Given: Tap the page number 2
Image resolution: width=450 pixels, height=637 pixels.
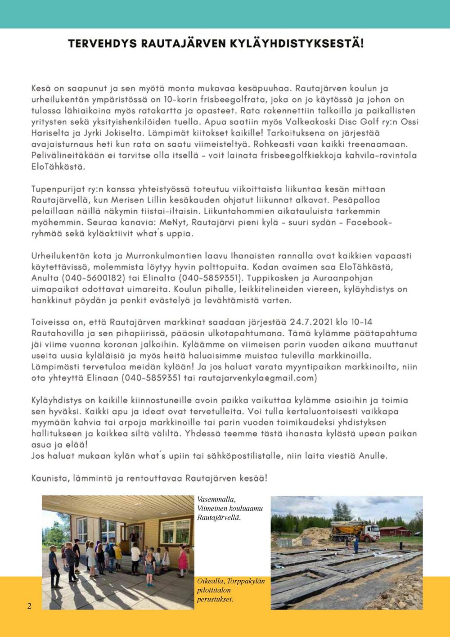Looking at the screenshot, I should (x=29, y=605).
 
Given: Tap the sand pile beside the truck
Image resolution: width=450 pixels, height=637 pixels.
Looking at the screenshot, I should (x=317, y=536).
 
